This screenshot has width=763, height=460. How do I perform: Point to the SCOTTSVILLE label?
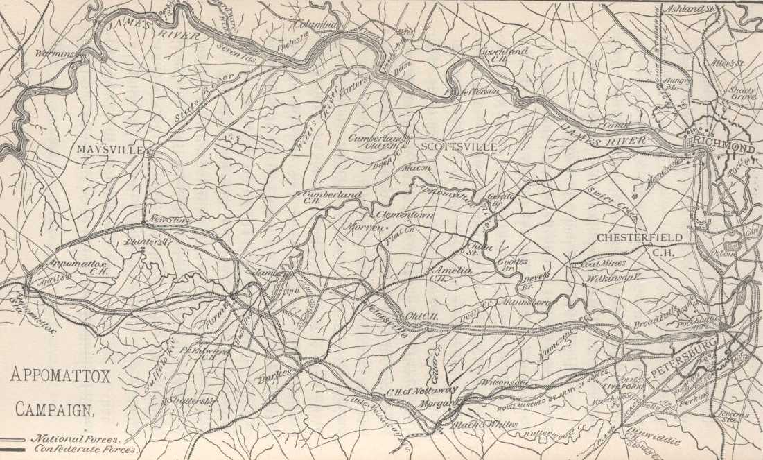459,147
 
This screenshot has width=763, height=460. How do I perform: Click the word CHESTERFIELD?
640,238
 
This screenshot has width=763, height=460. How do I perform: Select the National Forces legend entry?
76,438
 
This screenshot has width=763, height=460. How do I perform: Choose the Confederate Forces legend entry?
84,450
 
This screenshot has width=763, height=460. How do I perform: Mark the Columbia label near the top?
315,24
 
